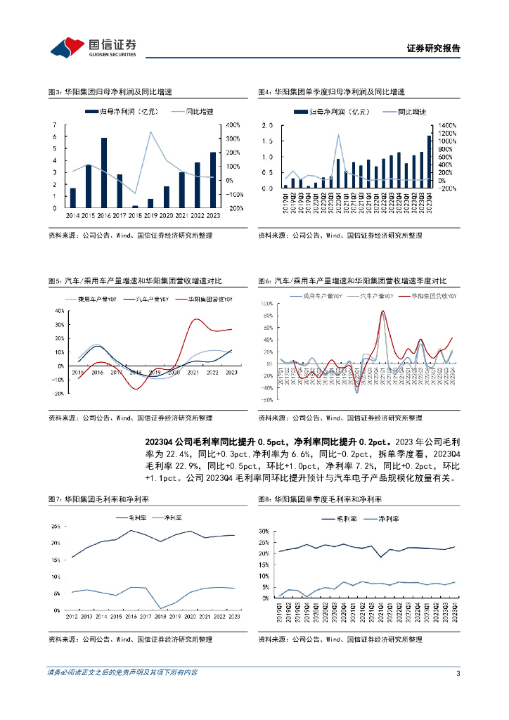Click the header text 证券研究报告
[433, 49]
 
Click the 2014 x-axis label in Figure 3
[72, 214]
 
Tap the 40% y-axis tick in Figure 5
[59, 310]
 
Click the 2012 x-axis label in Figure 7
[72, 616]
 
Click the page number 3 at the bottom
[458, 673]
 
